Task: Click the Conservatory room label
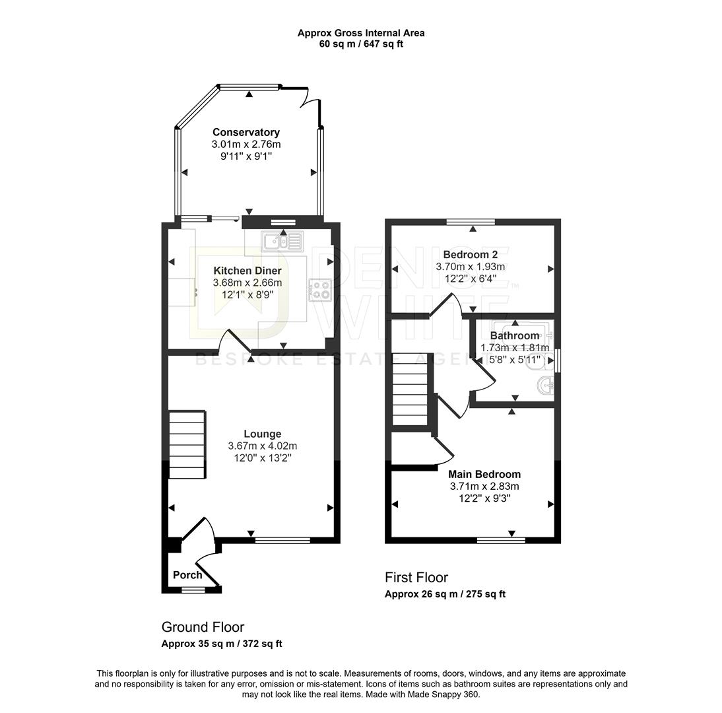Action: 246,133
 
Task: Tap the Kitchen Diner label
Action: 247,271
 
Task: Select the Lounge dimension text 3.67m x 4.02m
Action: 262,446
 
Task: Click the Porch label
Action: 187,575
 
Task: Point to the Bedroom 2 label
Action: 470,255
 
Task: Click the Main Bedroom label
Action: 484,474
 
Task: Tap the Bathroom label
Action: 515,335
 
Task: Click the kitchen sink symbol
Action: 282,242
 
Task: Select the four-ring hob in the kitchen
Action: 320,289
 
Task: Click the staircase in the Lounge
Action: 187,444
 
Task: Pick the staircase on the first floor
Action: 410,390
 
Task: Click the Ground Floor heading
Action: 203,627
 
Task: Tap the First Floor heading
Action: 416,578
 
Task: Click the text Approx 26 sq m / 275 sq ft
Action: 445,594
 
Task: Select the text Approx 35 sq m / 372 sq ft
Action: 222,644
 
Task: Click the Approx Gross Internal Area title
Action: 360,32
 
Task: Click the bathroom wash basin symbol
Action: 546,385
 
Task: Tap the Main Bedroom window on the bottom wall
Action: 501,540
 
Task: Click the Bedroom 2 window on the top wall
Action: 471,222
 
